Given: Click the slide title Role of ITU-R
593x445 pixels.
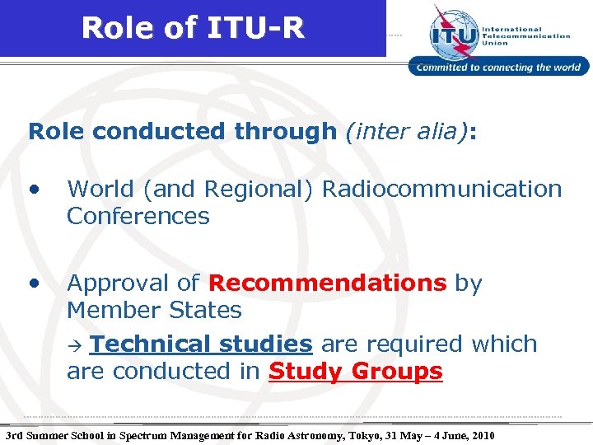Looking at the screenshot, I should tap(193, 29).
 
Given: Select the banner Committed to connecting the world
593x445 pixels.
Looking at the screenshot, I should tap(499, 68).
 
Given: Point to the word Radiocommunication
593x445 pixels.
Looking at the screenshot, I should tap(441, 189).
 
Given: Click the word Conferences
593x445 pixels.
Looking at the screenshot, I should tap(138, 217).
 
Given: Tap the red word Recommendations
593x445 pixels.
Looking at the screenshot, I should tap(328, 283).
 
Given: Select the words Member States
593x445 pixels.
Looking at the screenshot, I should tap(154, 311).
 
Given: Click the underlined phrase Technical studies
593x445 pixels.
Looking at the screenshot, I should tap(201, 344).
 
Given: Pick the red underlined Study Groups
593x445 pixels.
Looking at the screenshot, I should tap(356, 372).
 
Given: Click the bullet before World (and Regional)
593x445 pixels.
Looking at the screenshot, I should tap(34, 189).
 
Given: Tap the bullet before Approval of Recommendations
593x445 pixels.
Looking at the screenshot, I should tap(34, 283).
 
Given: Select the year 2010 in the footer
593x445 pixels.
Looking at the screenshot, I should tap(480, 434).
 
